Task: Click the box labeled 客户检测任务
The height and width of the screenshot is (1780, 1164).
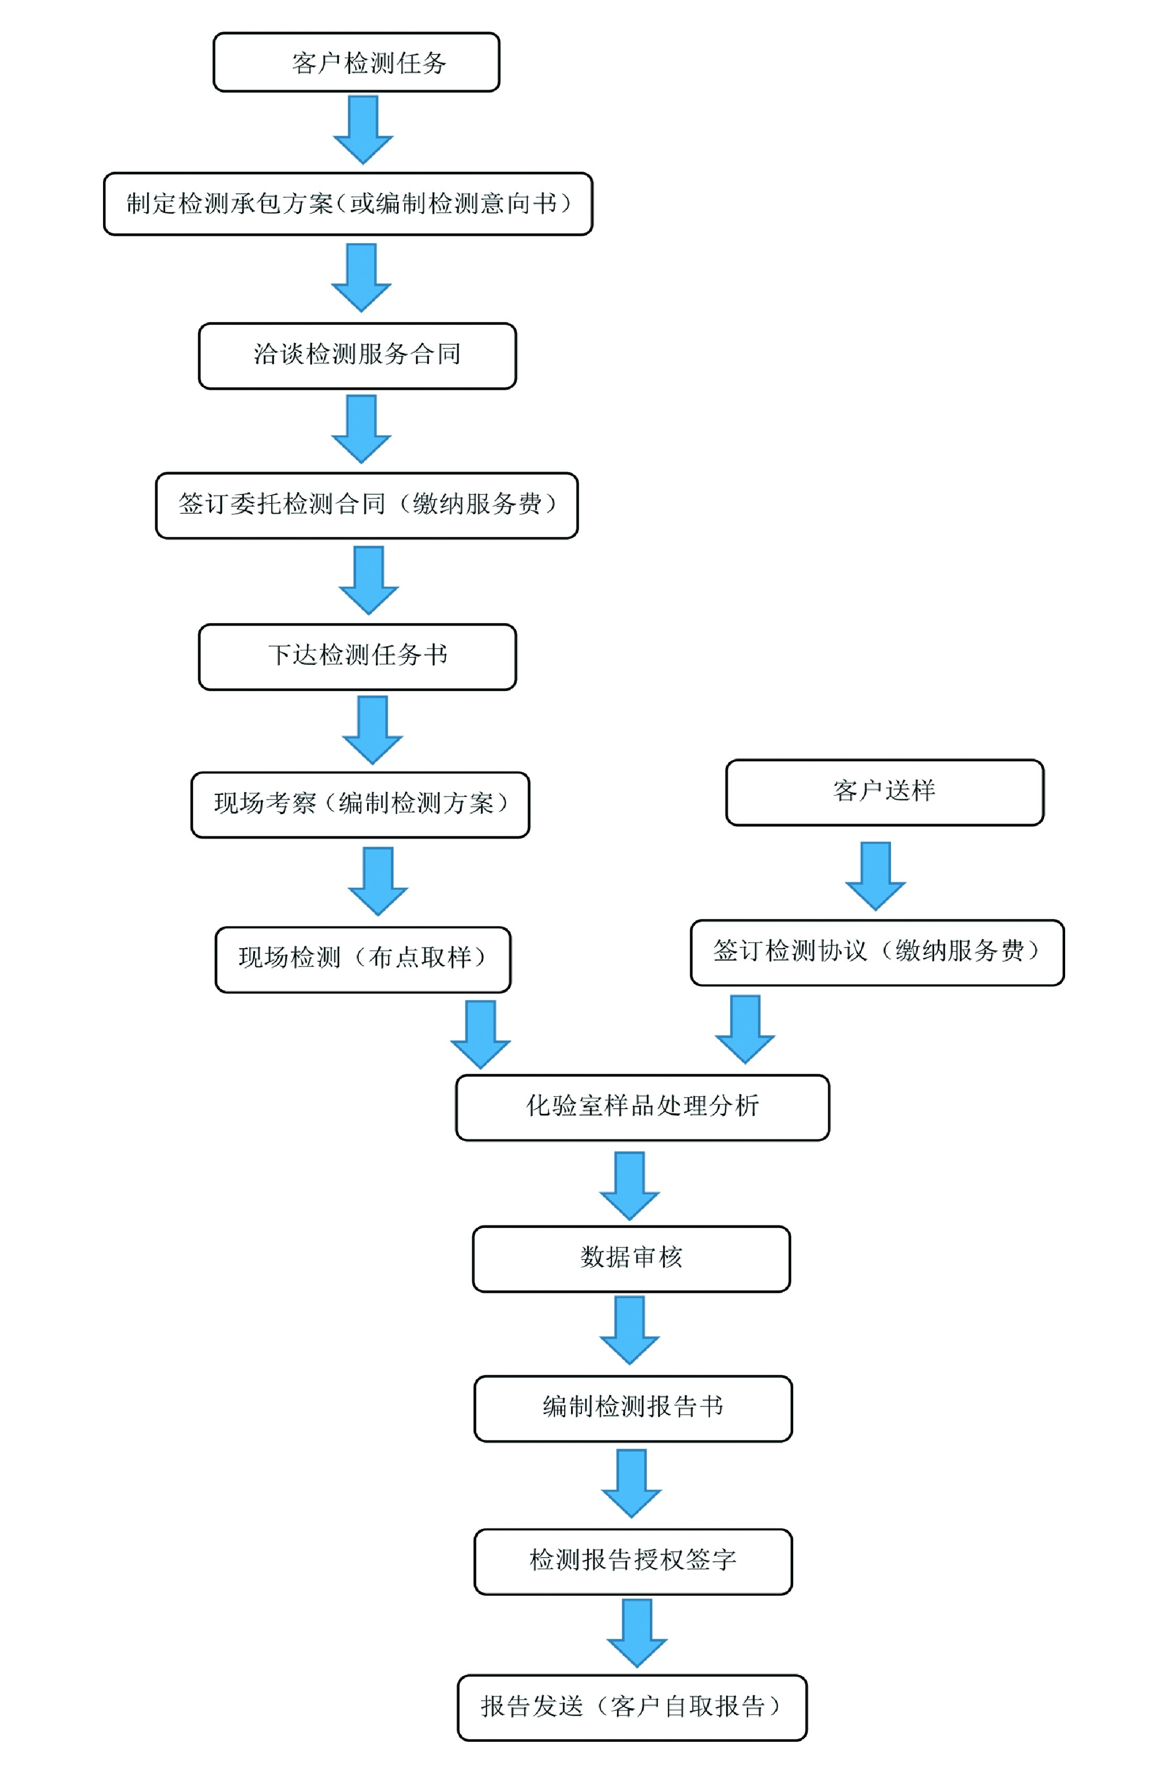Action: tap(356, 62)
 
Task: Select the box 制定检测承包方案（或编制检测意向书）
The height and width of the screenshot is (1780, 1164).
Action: tap(348, 204)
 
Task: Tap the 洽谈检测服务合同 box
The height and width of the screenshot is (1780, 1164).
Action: tap(357, 355)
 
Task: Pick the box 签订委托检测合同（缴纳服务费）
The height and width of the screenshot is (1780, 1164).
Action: tap(367, 505)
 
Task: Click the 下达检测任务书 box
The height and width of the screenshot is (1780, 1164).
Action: tap(357, 656)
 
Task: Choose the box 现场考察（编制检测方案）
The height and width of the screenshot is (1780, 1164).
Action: tap(360, 804)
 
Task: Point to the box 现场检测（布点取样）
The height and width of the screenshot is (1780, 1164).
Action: tap(362, 959)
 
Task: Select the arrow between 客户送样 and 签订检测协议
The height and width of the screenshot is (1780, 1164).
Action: tap(875, 874)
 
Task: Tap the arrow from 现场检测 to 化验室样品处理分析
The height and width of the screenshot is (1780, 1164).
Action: tap(480, 1033)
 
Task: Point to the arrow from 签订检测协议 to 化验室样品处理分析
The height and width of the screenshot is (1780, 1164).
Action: tap(745, 1028)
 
